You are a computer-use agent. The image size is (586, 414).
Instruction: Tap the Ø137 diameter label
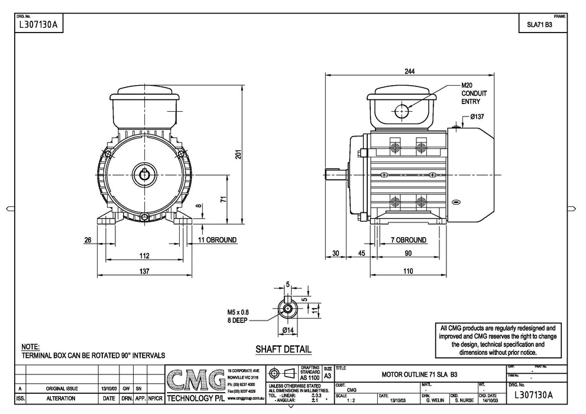pos(477,117)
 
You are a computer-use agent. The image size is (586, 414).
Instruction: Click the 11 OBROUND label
pos(217,240)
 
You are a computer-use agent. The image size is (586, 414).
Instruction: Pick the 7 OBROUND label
pos(409,240)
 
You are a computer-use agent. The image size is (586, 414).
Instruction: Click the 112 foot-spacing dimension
pos(144,255)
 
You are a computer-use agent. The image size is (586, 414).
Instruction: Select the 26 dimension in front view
pos(88,240)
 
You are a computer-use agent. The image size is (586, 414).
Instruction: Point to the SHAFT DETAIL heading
pos(283,350)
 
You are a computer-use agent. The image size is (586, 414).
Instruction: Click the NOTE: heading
pos(30,347)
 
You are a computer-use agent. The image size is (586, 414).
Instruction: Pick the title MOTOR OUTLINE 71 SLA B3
pos(419,374)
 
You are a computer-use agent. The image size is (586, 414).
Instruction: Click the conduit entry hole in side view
pos(402,111)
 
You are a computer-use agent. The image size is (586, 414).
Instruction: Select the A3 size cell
pos(328,375)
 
